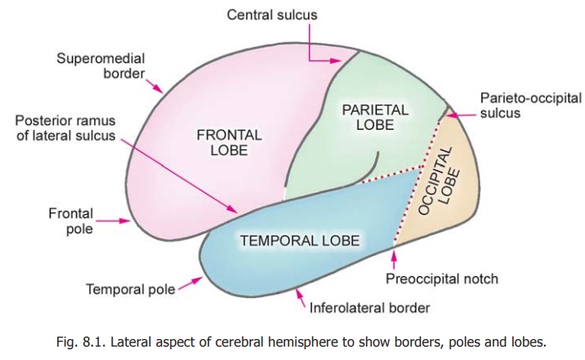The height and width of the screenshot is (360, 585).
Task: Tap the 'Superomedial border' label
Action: pyautogui.click(x=101, y=65)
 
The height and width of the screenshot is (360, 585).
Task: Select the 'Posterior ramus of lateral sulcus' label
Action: pyautogui.click(x=65, y=128)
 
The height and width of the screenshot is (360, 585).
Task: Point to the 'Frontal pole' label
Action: pyautogui.click(x=71, y=222)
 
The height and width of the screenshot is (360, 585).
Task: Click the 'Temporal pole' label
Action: pyautogui.click(x=130, y=290)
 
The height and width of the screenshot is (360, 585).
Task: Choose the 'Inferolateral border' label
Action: pyautogui.click(x=369, y=308)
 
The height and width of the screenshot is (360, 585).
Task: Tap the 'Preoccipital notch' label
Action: pyautogui.click(x=441, y=279)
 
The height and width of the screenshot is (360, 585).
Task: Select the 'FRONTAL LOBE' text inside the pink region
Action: pyautogui.click(x=229, y=143)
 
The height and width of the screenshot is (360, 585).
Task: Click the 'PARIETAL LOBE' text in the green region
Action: pyautogui.click(x=375, y=117)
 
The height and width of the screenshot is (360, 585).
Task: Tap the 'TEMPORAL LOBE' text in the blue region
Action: pyautogui.click(x=300, y=242)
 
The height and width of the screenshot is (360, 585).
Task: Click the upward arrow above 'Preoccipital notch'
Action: pyautogui.click(x=394, y=262)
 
